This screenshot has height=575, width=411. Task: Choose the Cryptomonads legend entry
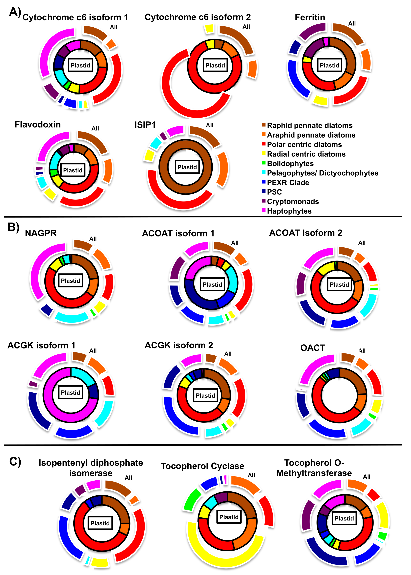click(293, 202)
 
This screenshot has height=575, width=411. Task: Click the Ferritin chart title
click(310, 17)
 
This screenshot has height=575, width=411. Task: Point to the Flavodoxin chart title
click(38, 125)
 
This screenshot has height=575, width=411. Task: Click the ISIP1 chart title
click(145, 125)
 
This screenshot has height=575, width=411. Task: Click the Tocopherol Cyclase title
click(202, 466)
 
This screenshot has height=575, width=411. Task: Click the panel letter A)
click(15, 12)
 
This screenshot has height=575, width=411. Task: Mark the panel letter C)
click(15, 462)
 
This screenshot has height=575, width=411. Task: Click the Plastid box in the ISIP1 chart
click(187, 167)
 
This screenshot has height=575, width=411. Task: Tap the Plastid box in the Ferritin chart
click(329, 65)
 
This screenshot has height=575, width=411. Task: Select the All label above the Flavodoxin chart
click(95, 128)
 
